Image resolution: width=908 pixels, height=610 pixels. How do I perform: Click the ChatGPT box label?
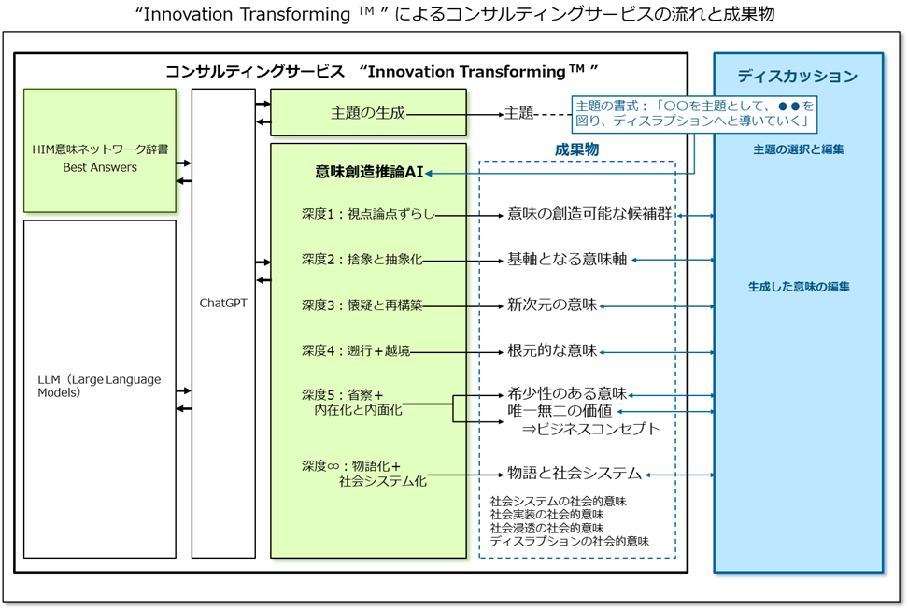pyautogui.click(x=223, y=303)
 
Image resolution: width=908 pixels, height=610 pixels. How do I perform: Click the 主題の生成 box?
pyautogui.click(x=368, y=113)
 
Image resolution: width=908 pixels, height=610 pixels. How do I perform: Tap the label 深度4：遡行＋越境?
pyautogui.click(x=356, y=351)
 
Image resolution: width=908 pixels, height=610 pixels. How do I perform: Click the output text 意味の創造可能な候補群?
pyautogui.click(x=589, y=215)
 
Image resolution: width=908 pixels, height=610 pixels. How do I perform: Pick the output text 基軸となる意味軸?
pyautogui.click(x=567, y=260)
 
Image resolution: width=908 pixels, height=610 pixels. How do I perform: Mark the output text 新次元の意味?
pyautogui.click(x=552, y=305)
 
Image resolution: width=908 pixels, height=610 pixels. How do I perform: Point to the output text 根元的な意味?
pyautogui.click(x=552, y=351)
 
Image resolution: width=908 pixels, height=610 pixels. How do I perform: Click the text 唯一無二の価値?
pyautogui.click(x=560, y=411)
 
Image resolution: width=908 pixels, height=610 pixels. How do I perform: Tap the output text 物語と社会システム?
pyautogui.click(x=575, y=474)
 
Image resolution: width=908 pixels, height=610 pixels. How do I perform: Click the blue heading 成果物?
pyautogui.click(x=576, y=149)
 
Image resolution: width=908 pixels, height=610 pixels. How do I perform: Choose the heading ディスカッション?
pyautogui.click(x=797, y=77)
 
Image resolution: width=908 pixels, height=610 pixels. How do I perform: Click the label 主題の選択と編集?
pyautogui.click(x=799, y=149)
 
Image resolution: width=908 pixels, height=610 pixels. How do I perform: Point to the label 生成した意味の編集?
pyautogui.click(x=799, y=287)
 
